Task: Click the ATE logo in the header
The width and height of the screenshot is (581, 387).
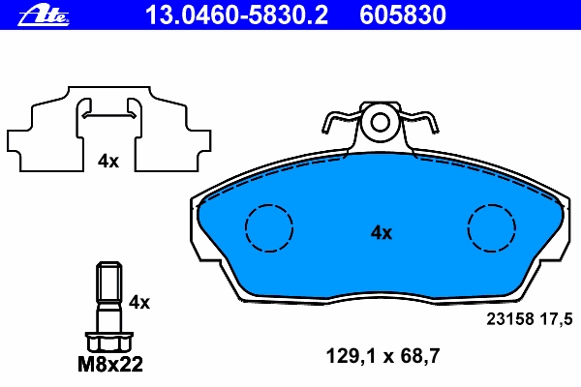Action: [x=44, y=15]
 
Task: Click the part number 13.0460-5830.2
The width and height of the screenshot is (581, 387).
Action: [x=237, y=15]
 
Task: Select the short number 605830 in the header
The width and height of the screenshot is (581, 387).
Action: [x=403, y=15]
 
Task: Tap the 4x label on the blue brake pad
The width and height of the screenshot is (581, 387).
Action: [x=382, y=232]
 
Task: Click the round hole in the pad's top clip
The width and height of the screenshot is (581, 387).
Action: [x=381, y=123]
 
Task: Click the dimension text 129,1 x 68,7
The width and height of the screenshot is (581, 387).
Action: [x=382, y=356]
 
